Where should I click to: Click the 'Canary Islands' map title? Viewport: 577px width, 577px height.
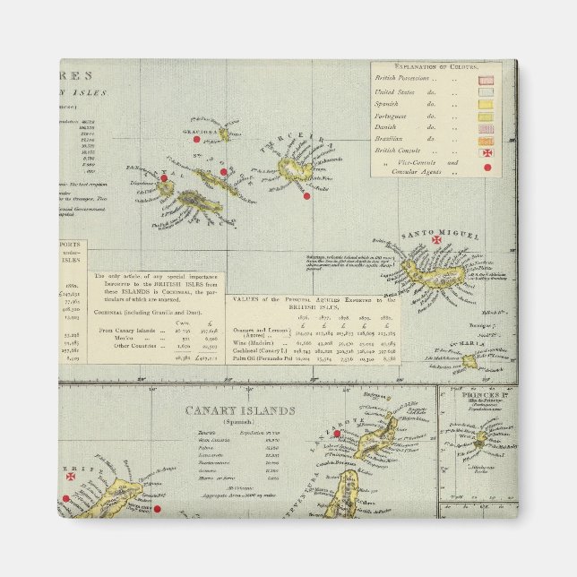coord(239,411)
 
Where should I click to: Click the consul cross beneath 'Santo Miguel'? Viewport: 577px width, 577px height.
coord(437,241)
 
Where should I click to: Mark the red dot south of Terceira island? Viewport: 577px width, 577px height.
coord(306,195)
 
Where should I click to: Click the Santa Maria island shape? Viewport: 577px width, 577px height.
coord(469,361)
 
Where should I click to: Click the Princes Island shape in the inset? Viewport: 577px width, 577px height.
coord(481,440)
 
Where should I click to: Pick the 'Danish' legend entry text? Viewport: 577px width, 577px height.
coord(388,128)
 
